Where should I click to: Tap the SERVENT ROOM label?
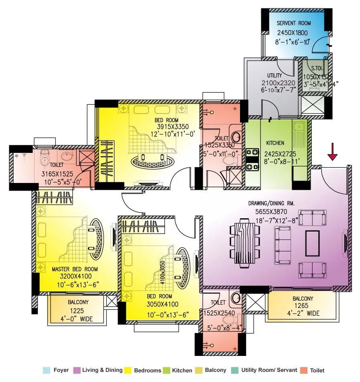click(x=294, y=23)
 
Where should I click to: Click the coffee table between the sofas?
click(x=312, y=244)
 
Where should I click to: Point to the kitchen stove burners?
click(x=252, y=159)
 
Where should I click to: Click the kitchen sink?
click(x=299, y=129)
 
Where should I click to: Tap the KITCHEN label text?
click(x=275, y=143)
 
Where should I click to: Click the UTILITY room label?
click(x=275, y=75)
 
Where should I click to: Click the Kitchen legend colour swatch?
click(x=167, y=370)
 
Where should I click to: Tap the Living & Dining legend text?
click(x=102, y=370)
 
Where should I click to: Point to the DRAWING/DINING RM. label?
click(x=271, y=203)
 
